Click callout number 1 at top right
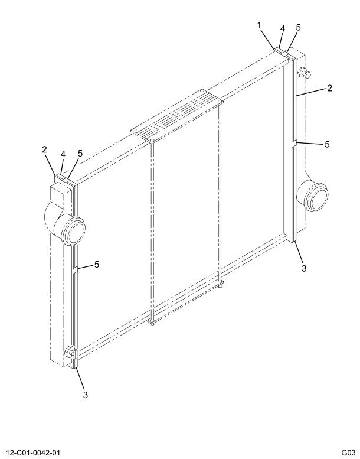[259, 26]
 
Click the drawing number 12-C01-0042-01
[32, 453]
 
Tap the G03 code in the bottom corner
[348, 453]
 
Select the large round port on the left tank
[73, 230]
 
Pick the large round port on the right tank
[315, 196]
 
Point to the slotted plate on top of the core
[177, 116]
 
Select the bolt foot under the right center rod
[221, 284]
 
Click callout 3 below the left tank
[85, 395]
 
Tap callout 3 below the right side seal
[304, 268]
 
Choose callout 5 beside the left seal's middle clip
[97, 264]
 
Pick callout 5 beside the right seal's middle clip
[327, 144]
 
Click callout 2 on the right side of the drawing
[329, 88]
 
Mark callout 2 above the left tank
[44, 149]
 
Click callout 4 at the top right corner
[282, 28]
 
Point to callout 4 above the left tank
[63, 155]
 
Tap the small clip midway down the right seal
[294, 144]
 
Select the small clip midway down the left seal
[75, 270]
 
